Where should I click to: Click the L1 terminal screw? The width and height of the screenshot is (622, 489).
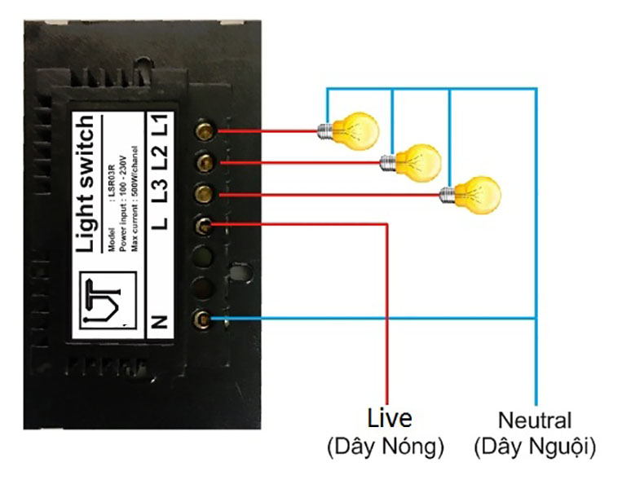(x=202, y=130)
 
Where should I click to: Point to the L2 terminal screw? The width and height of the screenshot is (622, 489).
(x=202, y=162)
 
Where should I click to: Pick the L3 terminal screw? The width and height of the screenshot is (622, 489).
(x=202, y=194)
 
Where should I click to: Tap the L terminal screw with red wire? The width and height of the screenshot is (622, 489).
(x=202, y=225)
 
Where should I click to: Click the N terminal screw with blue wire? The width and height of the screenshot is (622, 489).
(x=202, y=319)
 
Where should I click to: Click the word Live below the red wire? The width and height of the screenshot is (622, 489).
(x=389, y=419)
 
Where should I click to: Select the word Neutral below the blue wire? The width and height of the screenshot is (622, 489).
(x=535, y=421)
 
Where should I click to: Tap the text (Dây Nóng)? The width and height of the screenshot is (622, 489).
(x=385, y=447)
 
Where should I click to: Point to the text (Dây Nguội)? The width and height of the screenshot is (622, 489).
(x=535, y=447)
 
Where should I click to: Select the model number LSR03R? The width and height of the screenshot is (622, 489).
(x=108, y=173)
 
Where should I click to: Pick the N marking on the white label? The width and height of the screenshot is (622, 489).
(x=160, y=320)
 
